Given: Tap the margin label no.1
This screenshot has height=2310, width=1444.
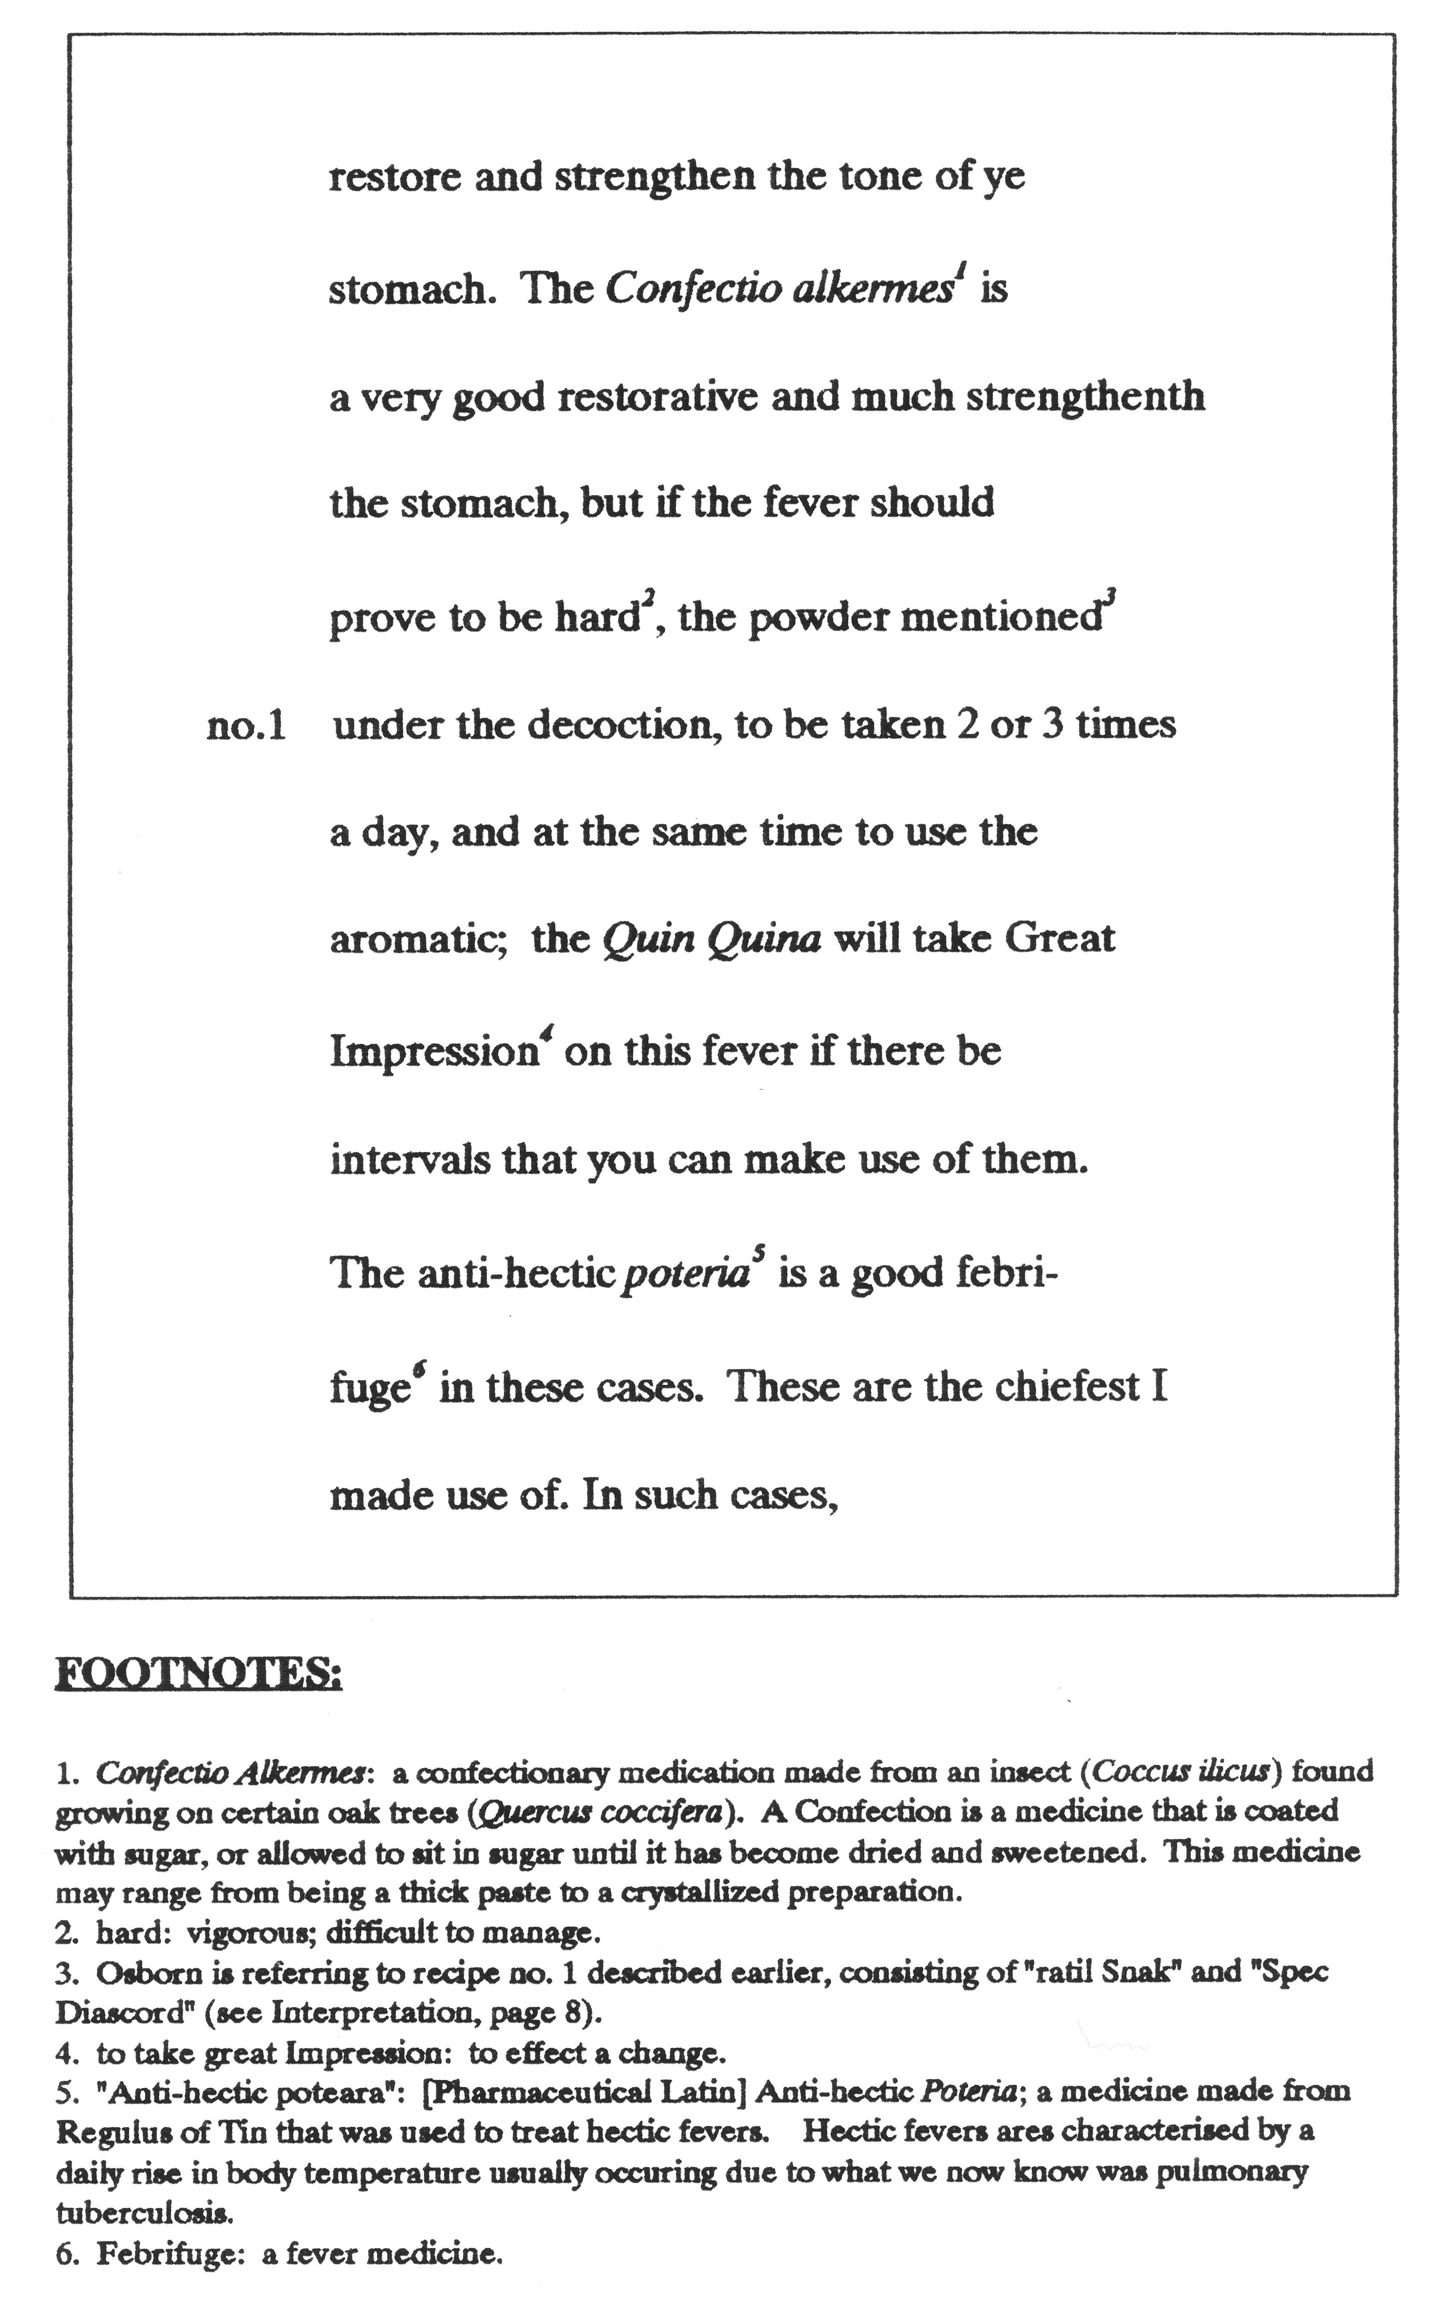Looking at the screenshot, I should [x=246, y=728].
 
